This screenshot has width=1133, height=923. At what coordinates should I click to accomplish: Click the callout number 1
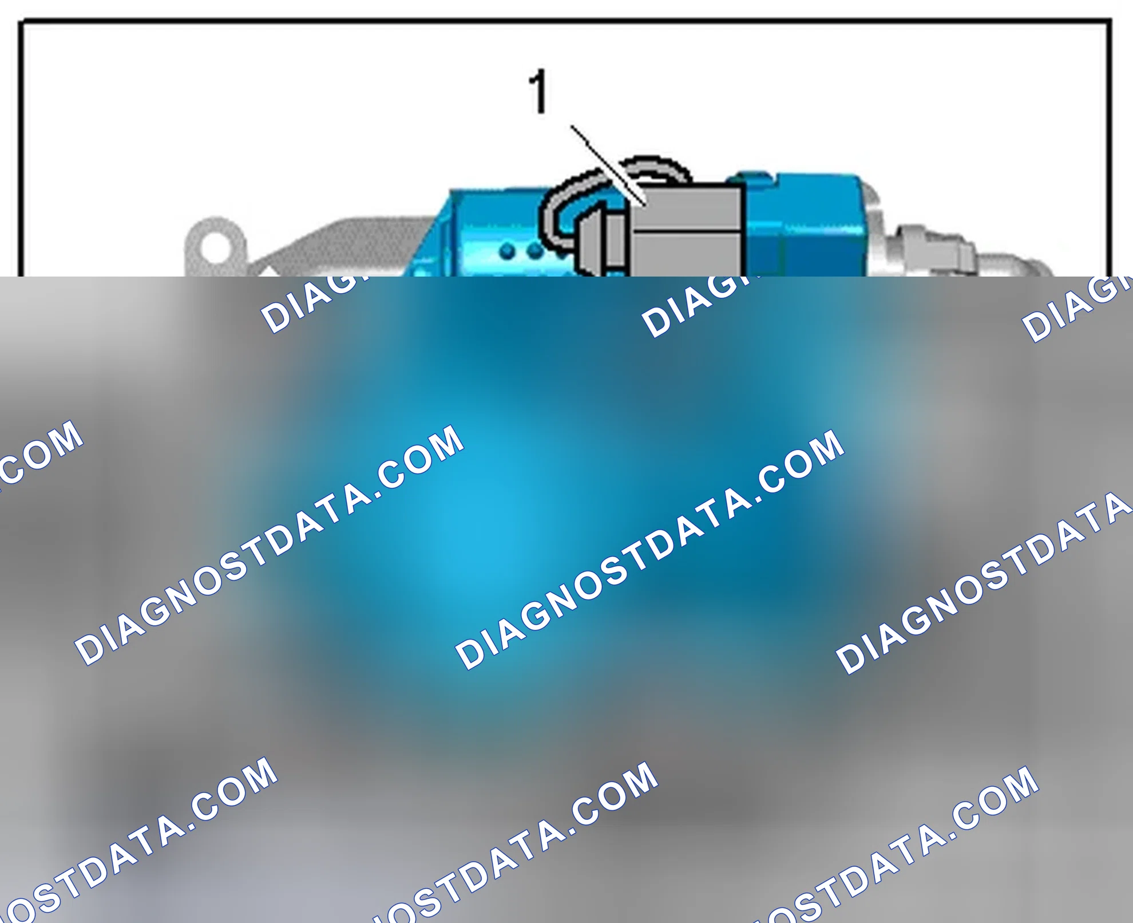538,91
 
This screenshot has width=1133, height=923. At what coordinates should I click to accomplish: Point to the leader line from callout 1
609,165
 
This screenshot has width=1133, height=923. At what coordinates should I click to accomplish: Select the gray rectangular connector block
687,231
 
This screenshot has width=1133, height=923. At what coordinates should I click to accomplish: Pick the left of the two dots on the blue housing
507,251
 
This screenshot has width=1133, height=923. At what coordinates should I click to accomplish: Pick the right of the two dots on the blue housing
534,250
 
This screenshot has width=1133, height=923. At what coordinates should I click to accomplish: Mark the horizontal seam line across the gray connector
687,231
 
